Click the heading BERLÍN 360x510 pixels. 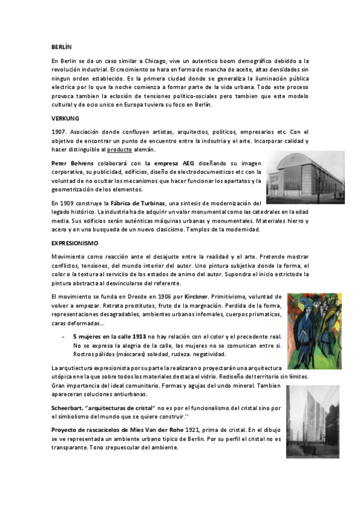(61, 46)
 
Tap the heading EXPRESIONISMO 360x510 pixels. (73, 242)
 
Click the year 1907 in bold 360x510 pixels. (58, 132)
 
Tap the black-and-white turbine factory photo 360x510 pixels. (305, 177)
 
